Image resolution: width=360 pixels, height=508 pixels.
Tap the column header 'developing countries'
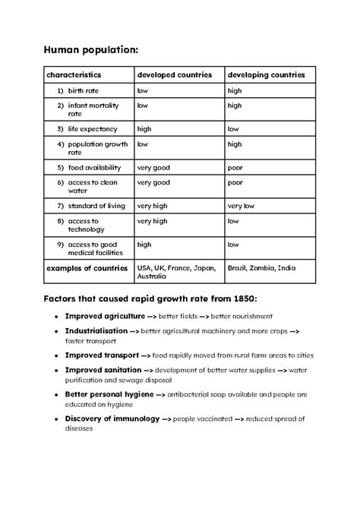(x=267, y=75)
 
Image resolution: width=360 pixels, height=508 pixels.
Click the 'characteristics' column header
(x=74, y=75)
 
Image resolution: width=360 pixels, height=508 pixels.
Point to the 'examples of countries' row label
(x=82, y=268)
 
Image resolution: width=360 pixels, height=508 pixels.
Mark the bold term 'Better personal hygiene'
(x=109, y=394)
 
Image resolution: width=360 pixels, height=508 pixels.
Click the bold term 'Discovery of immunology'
(x=112, y=418)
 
